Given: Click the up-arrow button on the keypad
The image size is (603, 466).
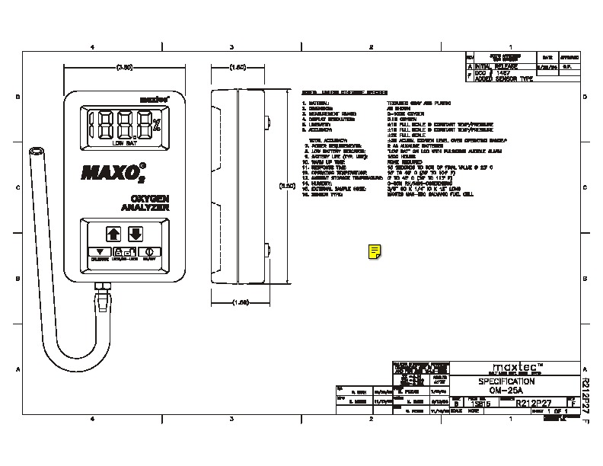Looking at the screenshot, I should click(x=113, y=232).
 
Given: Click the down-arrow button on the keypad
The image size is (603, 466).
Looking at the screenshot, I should click(x=136, y=232).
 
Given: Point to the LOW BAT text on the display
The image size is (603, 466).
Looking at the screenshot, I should click(x=123, y=142).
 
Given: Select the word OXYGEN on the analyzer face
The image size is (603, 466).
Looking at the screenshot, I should click(x=136, y=199).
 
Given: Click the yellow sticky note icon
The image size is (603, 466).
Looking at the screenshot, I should click(x=375, y=251).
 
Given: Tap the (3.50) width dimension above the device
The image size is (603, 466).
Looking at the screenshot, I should click(x=124, y=68).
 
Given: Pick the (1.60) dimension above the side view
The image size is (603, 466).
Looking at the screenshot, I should click(x=238, y=68).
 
